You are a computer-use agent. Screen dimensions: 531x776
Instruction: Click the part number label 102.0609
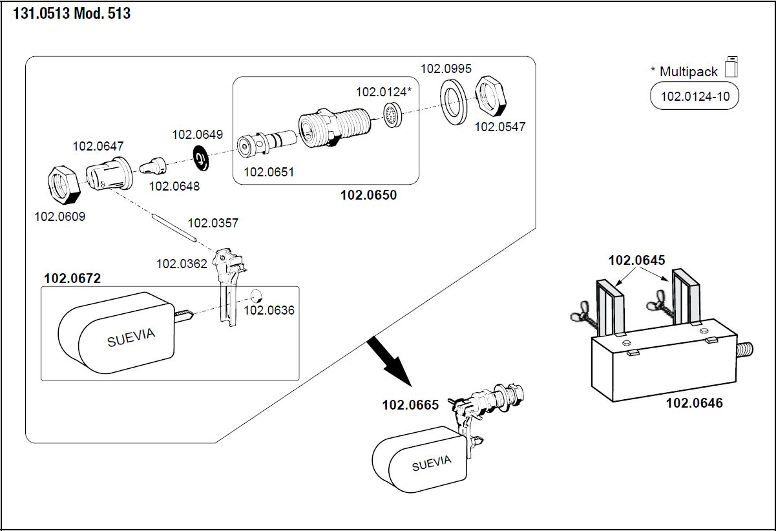pos(59,216)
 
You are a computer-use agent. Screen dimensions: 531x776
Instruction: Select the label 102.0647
pos(98,146)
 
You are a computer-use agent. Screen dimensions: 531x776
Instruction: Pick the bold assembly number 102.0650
pos(368,195)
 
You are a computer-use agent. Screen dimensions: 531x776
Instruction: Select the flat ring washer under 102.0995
pos(455,101)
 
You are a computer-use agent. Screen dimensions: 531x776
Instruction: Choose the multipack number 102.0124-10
pos(694,98)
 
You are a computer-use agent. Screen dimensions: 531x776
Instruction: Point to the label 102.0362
pos(182,264)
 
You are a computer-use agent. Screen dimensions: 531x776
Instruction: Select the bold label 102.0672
pos(72,279)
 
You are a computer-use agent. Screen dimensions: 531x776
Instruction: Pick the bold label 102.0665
pos(410,405)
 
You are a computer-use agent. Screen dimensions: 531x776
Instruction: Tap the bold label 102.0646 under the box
pos(694,403)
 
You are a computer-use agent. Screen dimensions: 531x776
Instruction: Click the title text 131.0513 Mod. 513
pos(72,13)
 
